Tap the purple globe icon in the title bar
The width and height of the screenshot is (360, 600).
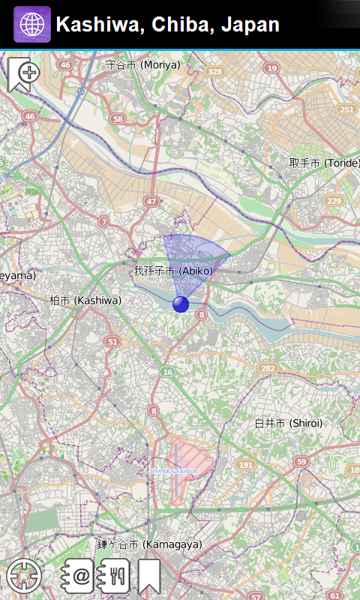pos(32,25)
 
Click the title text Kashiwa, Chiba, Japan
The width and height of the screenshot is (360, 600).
pos(168,25)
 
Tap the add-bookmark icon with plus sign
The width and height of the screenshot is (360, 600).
pos(24,74)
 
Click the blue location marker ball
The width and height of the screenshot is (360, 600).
pos(181,304)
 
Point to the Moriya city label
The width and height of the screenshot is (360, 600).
pos(142,64)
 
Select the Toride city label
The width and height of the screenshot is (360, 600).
pos(324,163)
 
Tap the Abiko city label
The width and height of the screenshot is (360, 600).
pos(173,271)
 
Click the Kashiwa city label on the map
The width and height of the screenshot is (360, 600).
pos(85,300)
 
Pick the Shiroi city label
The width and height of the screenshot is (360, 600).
pos(288,423)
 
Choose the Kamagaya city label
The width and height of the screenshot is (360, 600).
pos(149,544)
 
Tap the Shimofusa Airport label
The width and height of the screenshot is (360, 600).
pos(173,470)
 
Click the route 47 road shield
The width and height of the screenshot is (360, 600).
pos(152,201)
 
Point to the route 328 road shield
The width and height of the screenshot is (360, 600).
pos(215,71)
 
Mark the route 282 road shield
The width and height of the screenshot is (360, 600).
pos(267,368)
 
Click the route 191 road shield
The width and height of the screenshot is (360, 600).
pos(245,465)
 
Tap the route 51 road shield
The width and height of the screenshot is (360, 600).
pos(112,342)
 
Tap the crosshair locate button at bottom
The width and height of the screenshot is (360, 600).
pos(22,575)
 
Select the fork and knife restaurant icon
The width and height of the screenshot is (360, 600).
pos(115,576)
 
